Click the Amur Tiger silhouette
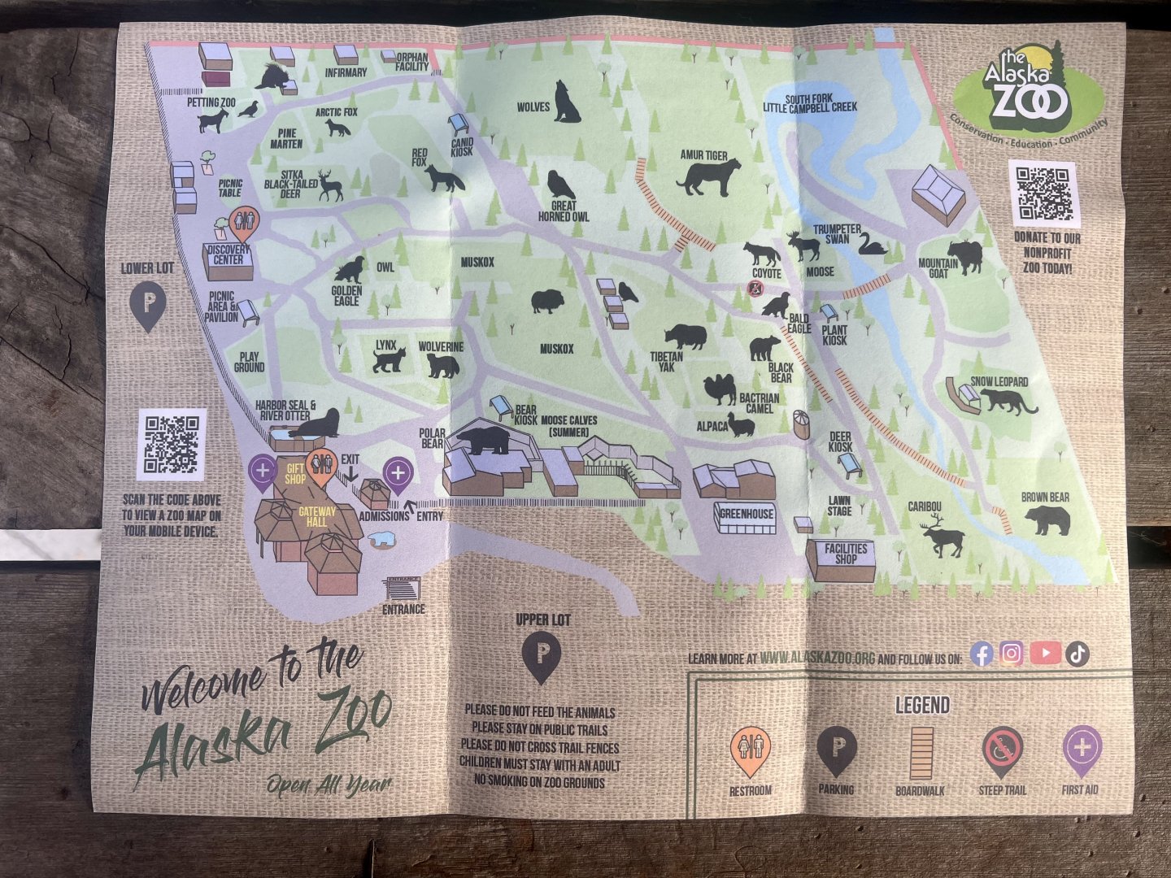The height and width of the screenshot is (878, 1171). pos(708,176)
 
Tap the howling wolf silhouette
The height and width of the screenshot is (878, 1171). pos(567,102)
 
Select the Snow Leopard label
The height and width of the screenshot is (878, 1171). pos(999,381)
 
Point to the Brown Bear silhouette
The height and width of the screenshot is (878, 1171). pos(1047,519)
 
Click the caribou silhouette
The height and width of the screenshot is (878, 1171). pos(944,537)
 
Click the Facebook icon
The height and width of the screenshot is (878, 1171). pos(982,654)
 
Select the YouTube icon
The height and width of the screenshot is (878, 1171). pos(1045,653)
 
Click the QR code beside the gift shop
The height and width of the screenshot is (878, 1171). pos(172,444)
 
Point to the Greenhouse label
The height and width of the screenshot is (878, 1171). pos(746,514)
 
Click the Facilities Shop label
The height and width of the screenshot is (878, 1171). pos(846,554)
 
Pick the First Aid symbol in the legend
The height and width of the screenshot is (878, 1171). pos(1082,748)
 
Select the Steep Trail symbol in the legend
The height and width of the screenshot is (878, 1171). pos(1002,749)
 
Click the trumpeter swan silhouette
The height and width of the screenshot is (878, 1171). pos(872,244)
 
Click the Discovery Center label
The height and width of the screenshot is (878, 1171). pos(228,254)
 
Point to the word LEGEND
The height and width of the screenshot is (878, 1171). pos(922,705)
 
